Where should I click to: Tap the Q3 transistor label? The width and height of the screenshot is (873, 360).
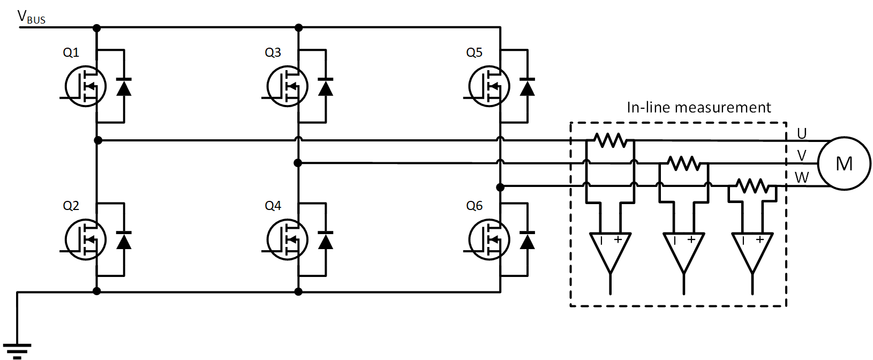[x=273, y=52]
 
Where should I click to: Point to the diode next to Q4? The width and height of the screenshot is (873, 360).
[x=325, y=241]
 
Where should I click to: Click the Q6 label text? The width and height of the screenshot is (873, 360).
[x=474, y=206]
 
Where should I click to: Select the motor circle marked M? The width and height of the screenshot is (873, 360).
[x=844, y=163]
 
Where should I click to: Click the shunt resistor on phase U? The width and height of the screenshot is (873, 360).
[x=611, y=140]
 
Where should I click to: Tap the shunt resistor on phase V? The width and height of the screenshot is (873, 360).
[x=683, y=163]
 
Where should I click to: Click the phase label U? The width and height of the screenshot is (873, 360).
[x=801, y=133]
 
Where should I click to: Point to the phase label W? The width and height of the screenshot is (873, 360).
[x=801, y=178]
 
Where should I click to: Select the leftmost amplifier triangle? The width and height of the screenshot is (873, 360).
[x=610, y=251]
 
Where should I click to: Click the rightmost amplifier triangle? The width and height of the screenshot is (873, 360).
[x=752, y=251]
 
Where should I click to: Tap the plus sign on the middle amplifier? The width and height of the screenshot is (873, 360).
[x=691, y=239]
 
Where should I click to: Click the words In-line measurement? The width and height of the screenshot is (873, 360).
[x=698, y=107]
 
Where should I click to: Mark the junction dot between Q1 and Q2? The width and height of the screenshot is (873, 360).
[x=97, y=140]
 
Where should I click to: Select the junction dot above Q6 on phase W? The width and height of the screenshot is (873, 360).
[x=500, y=187]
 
